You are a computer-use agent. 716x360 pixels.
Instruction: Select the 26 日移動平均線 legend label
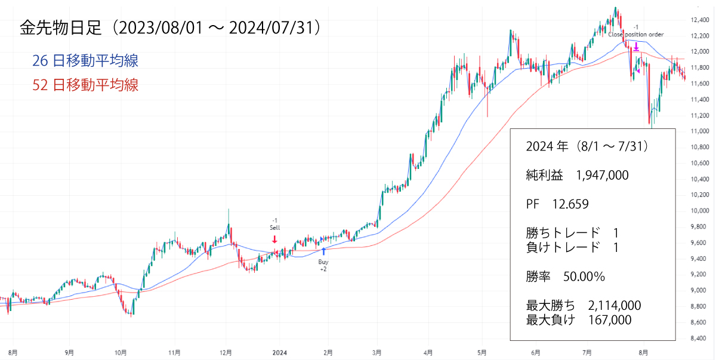click(x=86, y=61)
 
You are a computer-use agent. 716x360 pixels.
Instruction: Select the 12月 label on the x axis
click(x=226, y=352)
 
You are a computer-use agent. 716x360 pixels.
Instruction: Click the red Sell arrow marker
click(x=274, y=239)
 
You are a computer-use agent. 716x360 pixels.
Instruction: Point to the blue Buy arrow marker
click(x=323, y=251)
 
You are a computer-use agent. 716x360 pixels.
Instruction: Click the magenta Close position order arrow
click(x=636, y=45)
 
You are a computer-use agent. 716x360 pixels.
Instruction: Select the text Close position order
click(x=636, y=35)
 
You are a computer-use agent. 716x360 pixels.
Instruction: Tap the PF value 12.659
click(x=570, y=204)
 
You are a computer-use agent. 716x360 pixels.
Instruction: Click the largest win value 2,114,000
click(x=614, y=306)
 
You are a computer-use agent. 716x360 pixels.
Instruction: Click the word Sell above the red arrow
click(x=274, y=227)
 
